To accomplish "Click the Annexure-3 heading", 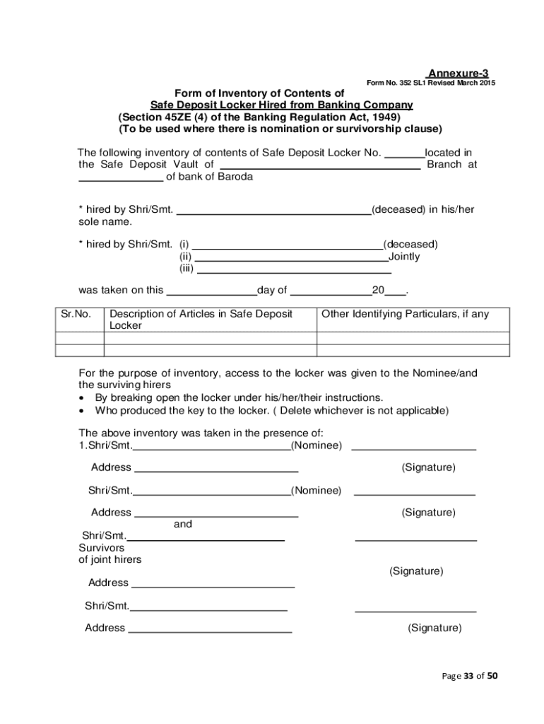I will click(x=456, y=74).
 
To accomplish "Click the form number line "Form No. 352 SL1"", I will click(x=431, y=83).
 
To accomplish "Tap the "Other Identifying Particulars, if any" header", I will click(x=405, y=314).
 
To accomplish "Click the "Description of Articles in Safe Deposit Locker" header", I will click(x=201, y=320).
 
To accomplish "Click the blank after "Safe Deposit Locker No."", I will click(x=404, y=153).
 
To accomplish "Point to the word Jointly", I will click(x=404, y=257).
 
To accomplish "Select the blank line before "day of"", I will click(x=211, y=291).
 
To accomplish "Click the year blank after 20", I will click(x=395, y=291).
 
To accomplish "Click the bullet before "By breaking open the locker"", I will click(x=83, y=398).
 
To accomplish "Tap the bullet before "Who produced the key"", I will click(x=83, y=411).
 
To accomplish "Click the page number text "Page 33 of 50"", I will click(x=470, y=676).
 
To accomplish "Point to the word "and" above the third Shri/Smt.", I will click(x=183, y=525).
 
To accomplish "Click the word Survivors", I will click(x=102, y=548).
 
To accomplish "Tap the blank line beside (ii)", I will click(x=290, y=257).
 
